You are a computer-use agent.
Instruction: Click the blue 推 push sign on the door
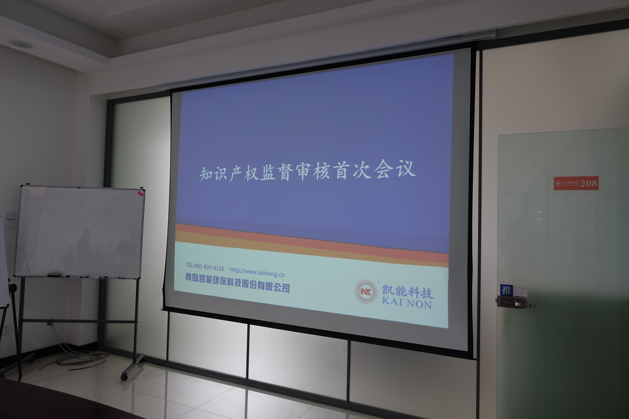coord(506,290)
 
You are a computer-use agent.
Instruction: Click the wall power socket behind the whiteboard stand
coord(5,330)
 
